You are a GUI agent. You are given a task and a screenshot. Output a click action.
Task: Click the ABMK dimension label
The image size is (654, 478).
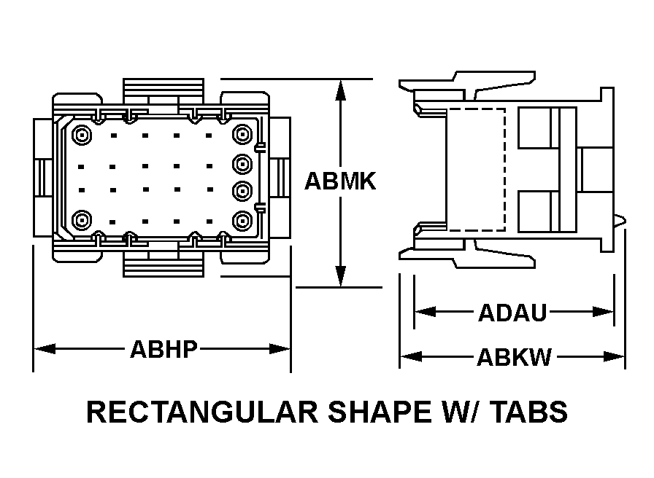point(340,181)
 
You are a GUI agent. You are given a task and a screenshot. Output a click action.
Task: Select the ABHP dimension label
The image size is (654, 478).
point(163,349)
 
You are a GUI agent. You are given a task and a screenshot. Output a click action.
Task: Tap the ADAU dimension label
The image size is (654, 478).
point(512,313)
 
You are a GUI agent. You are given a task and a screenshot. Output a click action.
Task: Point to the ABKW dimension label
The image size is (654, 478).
point(515,357)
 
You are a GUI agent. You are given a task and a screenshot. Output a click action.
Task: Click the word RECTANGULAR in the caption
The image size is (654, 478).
point(202,412)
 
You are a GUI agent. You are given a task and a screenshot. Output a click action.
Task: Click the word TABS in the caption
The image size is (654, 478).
point(528,412)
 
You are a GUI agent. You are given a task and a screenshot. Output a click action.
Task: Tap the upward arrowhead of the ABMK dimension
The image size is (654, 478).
point(341,90)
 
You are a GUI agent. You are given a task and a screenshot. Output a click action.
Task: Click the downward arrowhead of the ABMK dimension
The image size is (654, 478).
point(341,276)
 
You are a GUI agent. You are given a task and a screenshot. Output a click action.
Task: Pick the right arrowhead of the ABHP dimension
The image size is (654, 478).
point(280,348)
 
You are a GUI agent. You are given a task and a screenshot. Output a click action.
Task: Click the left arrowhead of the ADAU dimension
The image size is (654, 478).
point(426,311)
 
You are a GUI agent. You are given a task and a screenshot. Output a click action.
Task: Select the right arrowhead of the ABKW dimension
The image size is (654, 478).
point(614,356)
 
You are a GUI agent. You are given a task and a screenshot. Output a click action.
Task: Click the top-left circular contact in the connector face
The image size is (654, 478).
point(82,135)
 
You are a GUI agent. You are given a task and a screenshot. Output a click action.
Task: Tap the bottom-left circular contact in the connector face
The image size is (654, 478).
point(82,220)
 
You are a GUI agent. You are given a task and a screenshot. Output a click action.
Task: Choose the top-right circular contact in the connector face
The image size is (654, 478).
point(242,134)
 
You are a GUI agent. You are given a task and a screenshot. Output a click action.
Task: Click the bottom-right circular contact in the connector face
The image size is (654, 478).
point(242,220)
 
